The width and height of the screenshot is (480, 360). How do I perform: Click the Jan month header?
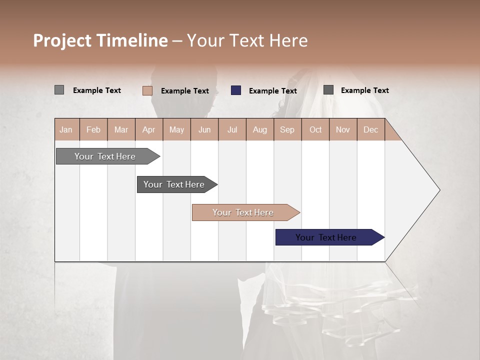(x=66, y=129)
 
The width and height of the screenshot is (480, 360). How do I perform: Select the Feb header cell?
(x=93, y=129)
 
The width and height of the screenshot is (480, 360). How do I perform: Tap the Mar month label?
(x=121, y=129)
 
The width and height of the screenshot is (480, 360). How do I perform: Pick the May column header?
(x=176, y=129)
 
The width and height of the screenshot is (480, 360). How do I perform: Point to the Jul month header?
(x=232, y=129)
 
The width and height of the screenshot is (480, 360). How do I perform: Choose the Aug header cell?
(x=259, y=129)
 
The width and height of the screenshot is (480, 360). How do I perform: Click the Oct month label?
(x=315, y=129)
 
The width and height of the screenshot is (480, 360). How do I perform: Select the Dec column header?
(x=370, y=129)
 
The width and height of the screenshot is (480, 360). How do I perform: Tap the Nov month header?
(x=343, y=129)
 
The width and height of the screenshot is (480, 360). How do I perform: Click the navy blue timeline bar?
(x=326, y=237)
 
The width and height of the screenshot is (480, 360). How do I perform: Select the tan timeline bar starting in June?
(x=243, y=212)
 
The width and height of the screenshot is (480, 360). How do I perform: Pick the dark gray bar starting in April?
(x=174, y=184)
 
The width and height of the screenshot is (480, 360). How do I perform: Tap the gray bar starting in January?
(x=105, y=156)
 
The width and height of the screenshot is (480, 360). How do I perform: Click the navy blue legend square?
(x=236, y=90)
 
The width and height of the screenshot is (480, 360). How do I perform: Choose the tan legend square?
(x=147, y=90)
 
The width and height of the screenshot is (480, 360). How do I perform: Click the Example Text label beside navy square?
(x=272, y=91)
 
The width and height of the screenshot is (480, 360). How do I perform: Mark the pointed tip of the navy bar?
(x=383, y=237)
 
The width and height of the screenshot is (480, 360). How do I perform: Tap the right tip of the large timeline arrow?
(x=439, y=190)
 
